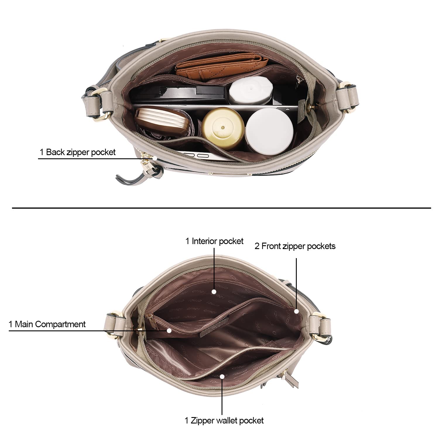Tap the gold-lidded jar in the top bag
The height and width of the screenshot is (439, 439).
click(x=223, y=128)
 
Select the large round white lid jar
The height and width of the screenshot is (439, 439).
click(x=269, y=130)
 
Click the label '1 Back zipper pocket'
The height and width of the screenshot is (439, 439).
click(x=78, y=152)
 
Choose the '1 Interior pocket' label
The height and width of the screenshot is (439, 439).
click(x=215, y=241)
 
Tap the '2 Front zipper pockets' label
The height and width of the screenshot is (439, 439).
click(x=295, y=246)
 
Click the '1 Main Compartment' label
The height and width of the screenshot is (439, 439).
click(x=47, y=324)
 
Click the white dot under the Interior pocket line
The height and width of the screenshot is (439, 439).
click(x=214, y=292)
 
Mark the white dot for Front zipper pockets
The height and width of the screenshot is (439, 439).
click(x=296, y=311)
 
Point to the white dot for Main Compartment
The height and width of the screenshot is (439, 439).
click(x=169, y=330)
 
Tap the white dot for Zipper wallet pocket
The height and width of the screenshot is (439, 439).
click(x=222, y=376)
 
